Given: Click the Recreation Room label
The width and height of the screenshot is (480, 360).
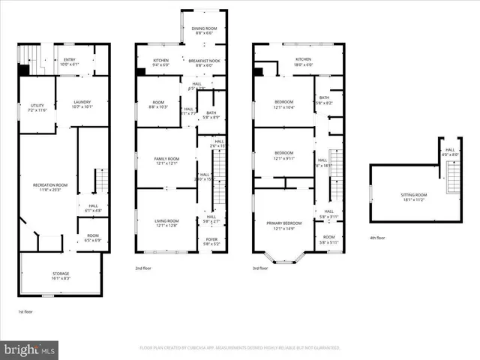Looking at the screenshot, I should pyautogui.click(x=50, y=187).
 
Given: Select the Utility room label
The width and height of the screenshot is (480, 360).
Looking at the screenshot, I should pyautogui.click(x=37, y=107).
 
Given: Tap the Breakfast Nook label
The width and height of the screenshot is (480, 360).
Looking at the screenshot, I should pyautogui.click(x=204, y=62).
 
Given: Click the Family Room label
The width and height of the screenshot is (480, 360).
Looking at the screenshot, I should pyautogui.click(x=166, y=160).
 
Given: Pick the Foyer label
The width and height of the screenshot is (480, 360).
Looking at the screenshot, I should pyautogui.click(x=211, y=241).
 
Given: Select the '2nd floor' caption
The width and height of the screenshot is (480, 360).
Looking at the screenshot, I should pyautogui.click(x=143, y=268).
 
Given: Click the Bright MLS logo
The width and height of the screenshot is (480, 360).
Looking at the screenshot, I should pyautogui.click(x=30, y=349).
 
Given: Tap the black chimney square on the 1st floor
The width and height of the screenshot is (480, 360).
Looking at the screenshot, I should pyautogui.click(x=24, y=70).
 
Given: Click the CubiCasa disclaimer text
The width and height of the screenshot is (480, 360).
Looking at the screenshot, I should pyautogui.click(x=240, y=348).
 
